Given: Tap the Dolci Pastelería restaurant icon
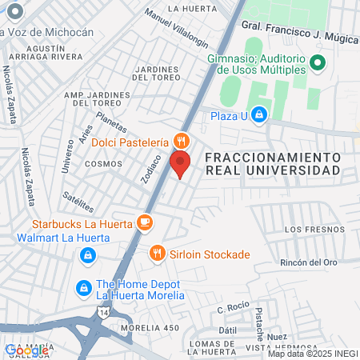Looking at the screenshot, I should coord(182,141).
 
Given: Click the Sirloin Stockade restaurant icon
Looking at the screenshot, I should coord(158,254).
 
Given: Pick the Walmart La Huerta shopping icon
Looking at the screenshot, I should coord(86,256).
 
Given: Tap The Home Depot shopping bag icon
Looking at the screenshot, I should coord(83,287).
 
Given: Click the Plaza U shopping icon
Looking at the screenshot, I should coord(258,115).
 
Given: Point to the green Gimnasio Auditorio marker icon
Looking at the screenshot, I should coord(317,62).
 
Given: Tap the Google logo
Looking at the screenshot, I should coord(26,350).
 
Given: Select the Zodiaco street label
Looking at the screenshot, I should coord(151,169).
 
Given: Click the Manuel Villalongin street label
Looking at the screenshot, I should coord(176,30).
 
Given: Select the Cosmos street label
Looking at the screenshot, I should coord(103,163).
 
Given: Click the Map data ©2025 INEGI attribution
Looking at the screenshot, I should coord(312,354).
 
